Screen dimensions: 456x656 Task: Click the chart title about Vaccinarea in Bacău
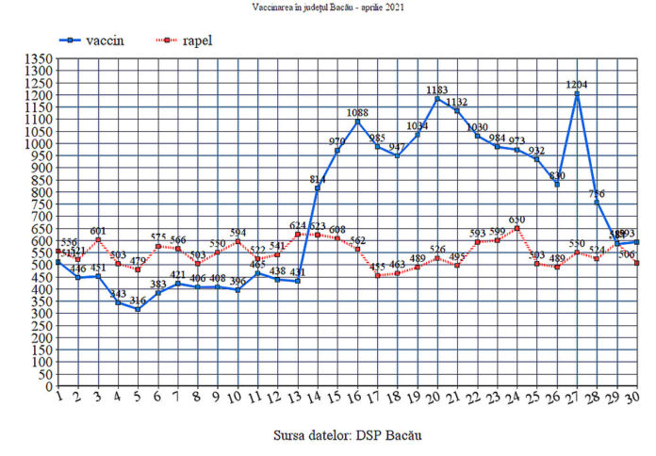coord(327,8)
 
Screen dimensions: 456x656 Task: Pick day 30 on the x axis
coord(637,399)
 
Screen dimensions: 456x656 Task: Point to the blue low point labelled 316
coord(137,309)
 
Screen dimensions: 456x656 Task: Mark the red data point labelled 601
coord(97,239)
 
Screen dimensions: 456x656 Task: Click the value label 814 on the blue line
coord(317,178)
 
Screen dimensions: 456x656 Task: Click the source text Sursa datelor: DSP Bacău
coord(348,435)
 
